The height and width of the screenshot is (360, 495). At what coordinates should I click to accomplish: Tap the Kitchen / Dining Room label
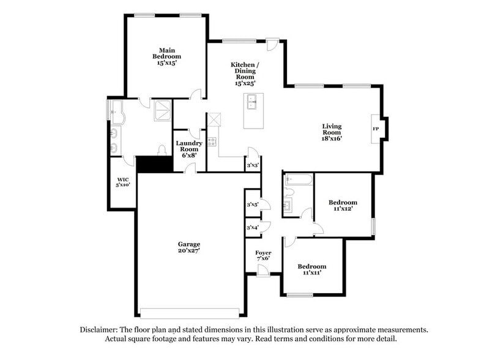pos(245,73)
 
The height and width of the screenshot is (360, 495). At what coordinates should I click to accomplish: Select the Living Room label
pos(332,132)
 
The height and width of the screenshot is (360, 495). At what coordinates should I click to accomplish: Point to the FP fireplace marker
pos(376,129)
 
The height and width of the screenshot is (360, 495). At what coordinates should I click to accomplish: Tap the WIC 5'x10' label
pos(123,182)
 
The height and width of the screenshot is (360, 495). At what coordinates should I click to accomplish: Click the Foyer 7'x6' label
pos(263,256)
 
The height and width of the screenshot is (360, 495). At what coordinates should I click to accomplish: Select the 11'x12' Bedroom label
pos(343,205)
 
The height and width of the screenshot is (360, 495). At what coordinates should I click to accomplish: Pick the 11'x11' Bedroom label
pos(312,269)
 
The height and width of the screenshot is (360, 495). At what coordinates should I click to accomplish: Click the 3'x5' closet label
pos(252,204)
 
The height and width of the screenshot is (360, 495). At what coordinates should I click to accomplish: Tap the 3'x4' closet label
pos(252,227)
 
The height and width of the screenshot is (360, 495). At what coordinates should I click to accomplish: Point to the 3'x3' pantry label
pos(252,165)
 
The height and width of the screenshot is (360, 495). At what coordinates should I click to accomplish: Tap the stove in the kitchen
pos(212,141)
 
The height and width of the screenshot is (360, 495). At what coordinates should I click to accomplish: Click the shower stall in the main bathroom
pos(163,108)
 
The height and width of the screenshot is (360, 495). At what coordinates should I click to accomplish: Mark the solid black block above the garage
pos(153,164)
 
